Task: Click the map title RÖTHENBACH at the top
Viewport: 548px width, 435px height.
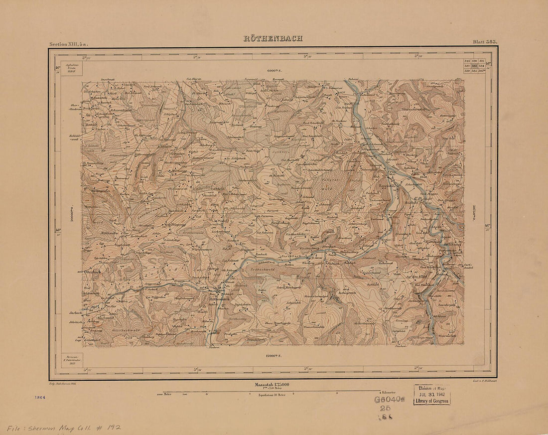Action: pyautogui.click(x=273, y=38)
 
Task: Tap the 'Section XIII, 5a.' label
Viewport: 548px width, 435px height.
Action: pyautogui.click(x=69, y=44)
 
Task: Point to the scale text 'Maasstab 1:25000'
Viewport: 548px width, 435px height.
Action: pyautogui.click(x=273, y=385)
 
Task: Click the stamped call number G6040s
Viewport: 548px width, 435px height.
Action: pyautogui.click(x=390, y=399)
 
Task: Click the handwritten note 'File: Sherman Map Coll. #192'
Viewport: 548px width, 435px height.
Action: pyautogui.click(x=64, y=428)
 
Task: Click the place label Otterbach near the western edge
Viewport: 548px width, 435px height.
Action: pyautogui.click(x=93, y=272)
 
